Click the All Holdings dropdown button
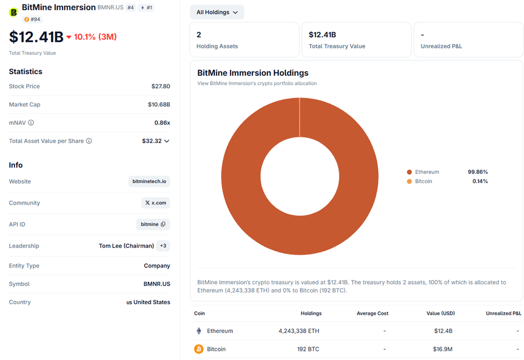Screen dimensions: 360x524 pos(217,12)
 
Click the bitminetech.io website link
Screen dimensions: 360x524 pos(149,182)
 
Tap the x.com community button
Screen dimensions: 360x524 pos(156,203)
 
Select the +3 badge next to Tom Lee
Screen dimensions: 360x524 pos(163,246)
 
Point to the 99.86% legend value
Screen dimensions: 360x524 pos(477,172)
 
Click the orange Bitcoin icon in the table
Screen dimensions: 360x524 pos(198,349)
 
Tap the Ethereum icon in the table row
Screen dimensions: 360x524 pos(198,331)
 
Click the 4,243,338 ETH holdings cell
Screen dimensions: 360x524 pos(299,331)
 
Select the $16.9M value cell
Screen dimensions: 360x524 pos(443,349)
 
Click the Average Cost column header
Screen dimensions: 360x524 pos(372,313)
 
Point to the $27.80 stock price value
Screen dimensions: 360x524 pos(160,87)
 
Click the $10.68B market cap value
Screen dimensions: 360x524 pos(159,105)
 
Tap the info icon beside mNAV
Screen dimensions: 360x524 pos(31,123)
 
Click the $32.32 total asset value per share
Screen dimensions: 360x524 pos(152,141)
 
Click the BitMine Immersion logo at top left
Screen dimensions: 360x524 pos(14,12)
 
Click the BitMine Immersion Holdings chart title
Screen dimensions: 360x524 pos(253,73)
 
